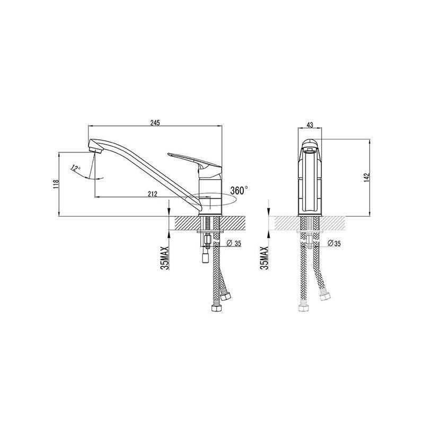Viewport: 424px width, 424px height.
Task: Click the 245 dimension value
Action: [155, 122]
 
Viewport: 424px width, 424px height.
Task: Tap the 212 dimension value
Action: [153, 194]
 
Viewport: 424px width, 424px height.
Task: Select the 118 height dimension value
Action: [56, 184]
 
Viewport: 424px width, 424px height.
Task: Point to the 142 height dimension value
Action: [367, 178]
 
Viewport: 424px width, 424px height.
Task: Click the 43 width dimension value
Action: [310, 125]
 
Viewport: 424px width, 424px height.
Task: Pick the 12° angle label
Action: [75, 168]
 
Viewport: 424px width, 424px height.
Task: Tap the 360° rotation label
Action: [239, 190]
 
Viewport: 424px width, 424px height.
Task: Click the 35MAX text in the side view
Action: [164, 258]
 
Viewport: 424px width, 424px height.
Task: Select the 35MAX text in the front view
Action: [264, 258]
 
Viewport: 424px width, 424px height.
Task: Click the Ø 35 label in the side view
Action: [234, 243]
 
